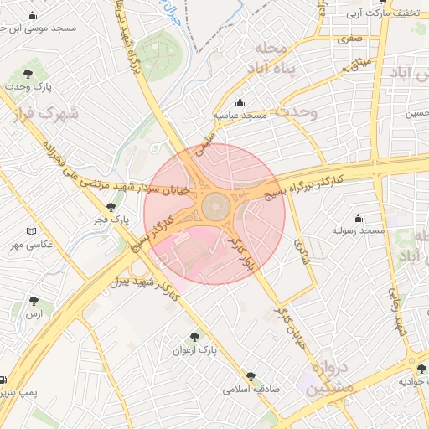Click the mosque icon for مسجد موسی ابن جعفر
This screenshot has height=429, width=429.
click(33, 15)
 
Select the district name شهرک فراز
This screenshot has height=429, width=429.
click(46, 113)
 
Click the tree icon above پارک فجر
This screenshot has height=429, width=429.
click(111, 206)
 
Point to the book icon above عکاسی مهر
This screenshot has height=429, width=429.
click(32, 231)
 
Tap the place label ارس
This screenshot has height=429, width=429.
click(34, 314)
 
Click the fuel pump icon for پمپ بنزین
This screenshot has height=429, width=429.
click(3, 380)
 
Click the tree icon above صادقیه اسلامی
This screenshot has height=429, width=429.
click(251, 376)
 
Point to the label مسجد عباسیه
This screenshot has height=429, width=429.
click(240, 116)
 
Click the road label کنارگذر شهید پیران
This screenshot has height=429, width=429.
click(147, 285)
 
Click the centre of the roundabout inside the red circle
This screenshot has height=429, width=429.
click(214, 204)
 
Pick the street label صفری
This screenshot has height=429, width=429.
click(349, 39)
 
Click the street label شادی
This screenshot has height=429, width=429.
click(302, 250)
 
